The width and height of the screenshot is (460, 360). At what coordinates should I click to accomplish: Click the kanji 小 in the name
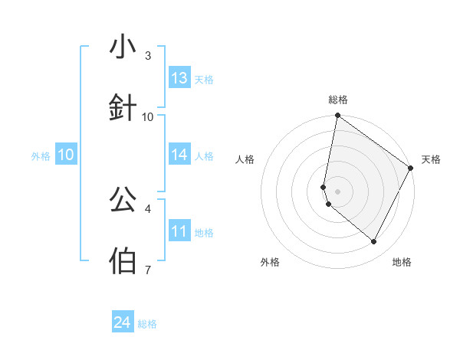pos(123,47)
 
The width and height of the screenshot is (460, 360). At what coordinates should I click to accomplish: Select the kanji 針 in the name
pos(123,107)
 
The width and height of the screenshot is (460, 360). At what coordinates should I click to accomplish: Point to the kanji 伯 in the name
pos(123,260)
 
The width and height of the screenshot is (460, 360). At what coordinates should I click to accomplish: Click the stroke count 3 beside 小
pos(148,56)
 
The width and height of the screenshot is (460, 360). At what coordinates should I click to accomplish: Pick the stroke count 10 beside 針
pos(148,116)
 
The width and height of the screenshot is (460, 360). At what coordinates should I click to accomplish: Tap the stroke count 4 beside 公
pos(148,208)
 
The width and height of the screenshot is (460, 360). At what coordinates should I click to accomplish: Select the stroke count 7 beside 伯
pos(148,270)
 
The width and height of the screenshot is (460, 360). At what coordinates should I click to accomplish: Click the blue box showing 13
pos(179,78)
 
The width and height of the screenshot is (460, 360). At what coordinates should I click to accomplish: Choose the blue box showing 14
pos(179,155)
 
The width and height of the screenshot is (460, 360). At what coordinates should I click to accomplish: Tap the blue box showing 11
pos(179,231)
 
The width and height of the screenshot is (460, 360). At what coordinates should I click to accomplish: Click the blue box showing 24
pos(122,323)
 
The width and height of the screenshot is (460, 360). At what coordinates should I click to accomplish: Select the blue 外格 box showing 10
pos(66,155)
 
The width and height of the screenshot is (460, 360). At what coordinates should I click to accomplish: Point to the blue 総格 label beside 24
pos(147,324)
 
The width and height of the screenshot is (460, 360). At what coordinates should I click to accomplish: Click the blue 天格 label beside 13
pos(204,79)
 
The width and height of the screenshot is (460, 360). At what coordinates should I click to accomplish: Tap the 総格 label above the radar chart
pos(338,100)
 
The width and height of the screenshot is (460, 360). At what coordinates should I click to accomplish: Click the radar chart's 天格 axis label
pos(431,159)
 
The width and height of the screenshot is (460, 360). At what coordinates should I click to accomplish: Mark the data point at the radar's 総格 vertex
pos(337,116)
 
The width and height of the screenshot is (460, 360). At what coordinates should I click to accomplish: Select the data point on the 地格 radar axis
pos(373,242)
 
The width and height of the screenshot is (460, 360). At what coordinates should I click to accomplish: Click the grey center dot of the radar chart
pos(337,191)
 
